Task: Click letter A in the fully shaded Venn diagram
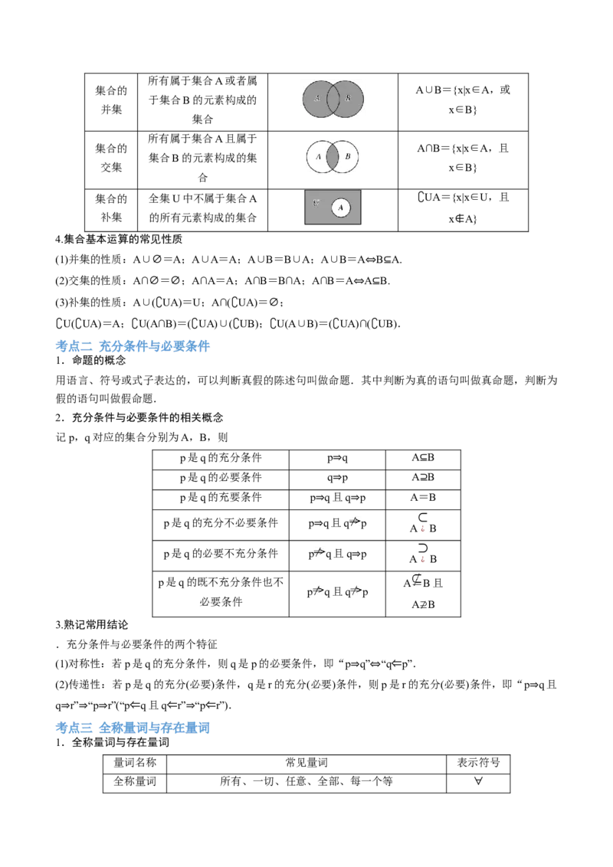[316, 98]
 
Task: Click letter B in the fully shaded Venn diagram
[348, 98]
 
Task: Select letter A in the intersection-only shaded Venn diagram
[318, 157]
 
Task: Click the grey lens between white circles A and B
[333, 157]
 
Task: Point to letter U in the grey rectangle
[316, 203]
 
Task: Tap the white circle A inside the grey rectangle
[341, 208]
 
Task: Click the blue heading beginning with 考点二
[134, 347]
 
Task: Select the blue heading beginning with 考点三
[134, 727]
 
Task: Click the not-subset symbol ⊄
[417, 580]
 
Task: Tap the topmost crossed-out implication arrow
[353, 522]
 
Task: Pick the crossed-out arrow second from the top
[320, 551]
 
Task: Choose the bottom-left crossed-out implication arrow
[316, 591]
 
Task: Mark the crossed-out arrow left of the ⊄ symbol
[356, 591]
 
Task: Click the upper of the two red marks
[422, 529]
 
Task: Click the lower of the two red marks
[422, 560]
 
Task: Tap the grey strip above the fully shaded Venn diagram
[333, 77]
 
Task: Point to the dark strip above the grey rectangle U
[333, 186]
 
